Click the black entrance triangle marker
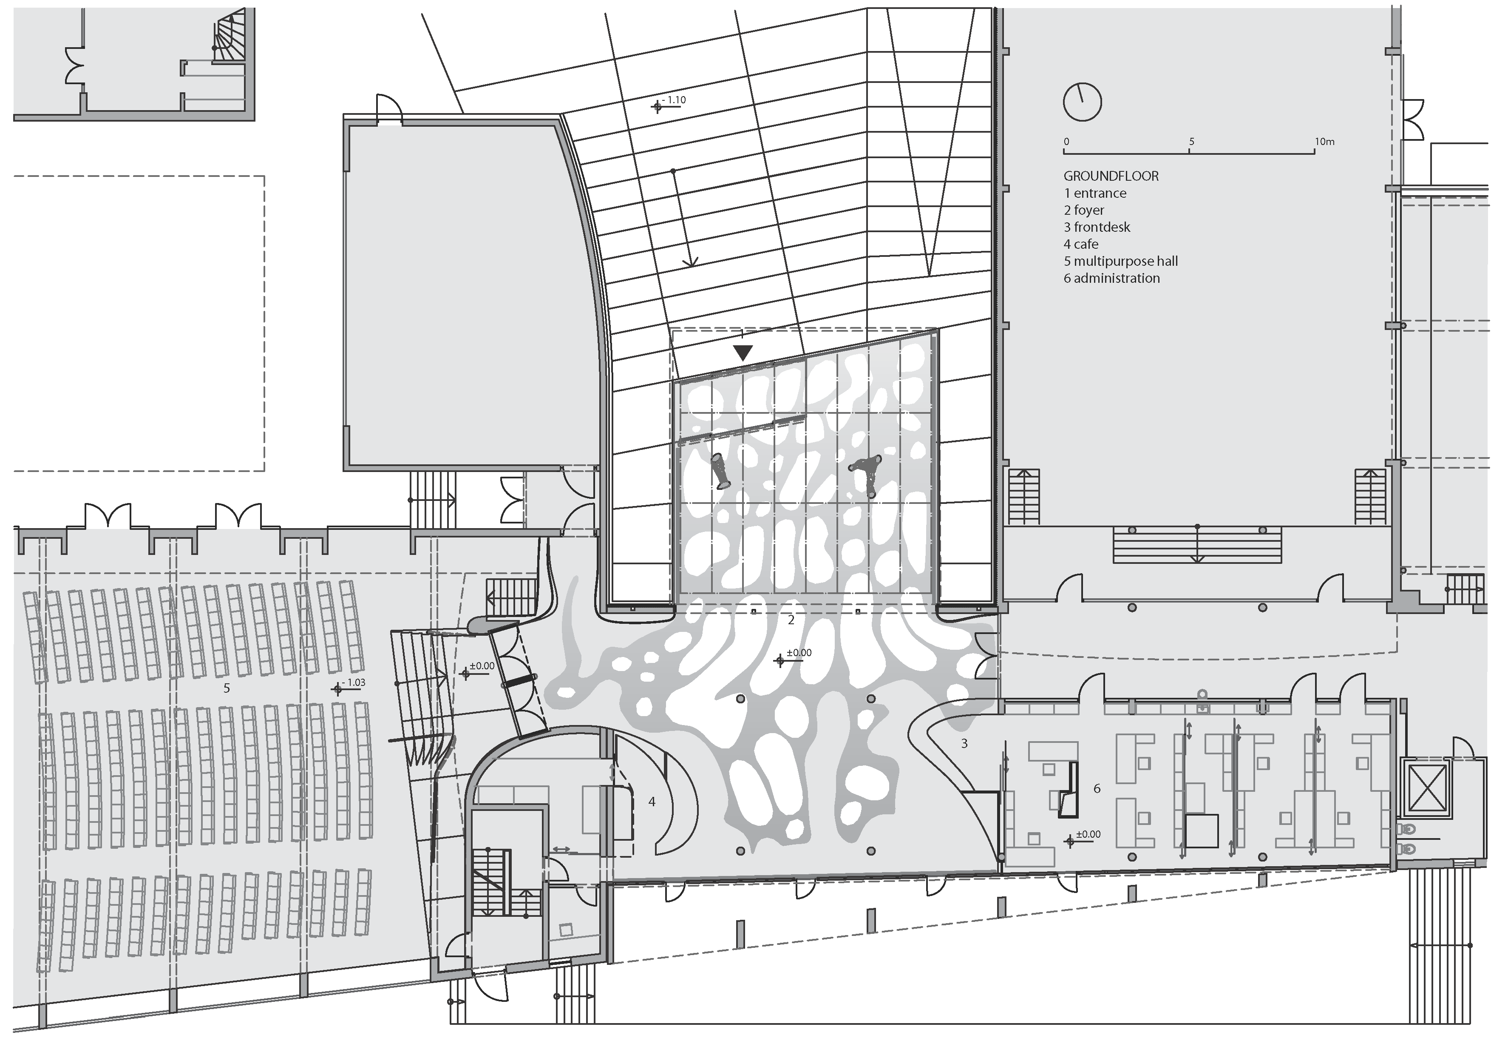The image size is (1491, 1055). pyautogui.click(x=743, y=353)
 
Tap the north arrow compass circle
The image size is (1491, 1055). pyautogui.click(x=1083, y=102)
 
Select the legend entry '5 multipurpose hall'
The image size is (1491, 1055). pyautogui.click(x=1121, y=261)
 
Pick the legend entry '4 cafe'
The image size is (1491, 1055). pyautogui.click(x=1081, y=244)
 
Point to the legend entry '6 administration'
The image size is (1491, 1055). pyautogui.click(x=1112, y=278)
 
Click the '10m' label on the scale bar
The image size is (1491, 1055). pyautogui.click(x=1325, y=142)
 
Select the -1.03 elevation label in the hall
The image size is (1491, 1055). pyautogui.click(x=354, y=683)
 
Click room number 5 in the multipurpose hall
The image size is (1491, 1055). pyautogui.click(x=227, y=688)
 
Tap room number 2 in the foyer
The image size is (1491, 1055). pyautogui.click(x=791, y=620)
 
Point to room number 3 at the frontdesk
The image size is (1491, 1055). pyautogui.click(x=964, y=743)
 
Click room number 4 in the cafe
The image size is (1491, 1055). pyautogui.click(x=652, y=802)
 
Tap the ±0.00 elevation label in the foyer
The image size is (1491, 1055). pyautogui.click(x=799, y=653)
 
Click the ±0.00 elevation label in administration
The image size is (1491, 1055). pyautogui.click(x=1088, y=834)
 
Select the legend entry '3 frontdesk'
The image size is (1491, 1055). pyautogui.click(x=1097, y=227)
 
